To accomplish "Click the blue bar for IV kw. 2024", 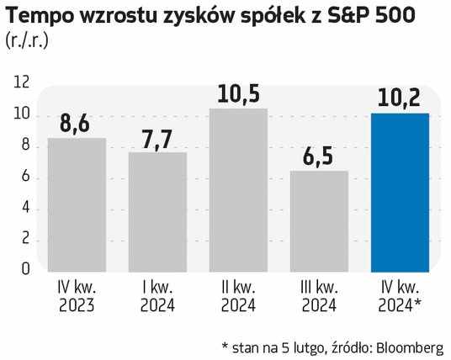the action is (x=400, y=193).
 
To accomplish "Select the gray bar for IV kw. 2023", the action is (x=77, y=205).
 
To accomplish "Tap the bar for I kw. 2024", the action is (x=157, y=212).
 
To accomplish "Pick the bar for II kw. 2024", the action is (x=238, y=190).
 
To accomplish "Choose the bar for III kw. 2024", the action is (x=319, y=221).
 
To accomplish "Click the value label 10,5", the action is (x=238, y=93).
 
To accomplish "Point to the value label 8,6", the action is (x=75, y=124).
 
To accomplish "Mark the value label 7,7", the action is (x=157, y=140).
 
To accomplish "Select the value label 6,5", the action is (x=318, y=156).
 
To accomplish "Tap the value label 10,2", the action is (x=399, y=98).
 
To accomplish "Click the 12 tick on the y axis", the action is (x=21, y=82).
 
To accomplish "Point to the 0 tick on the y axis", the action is (x=25, y=268).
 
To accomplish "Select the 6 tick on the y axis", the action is (x=25, y=176).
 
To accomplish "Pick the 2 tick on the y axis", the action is (x=25, y=238).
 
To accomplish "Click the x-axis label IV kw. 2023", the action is (x=77, y=297).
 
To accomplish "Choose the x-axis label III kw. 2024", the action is (x=319, y=297).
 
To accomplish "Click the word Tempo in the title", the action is (x=39, y=16).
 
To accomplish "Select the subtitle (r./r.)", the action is (x=27, y=41).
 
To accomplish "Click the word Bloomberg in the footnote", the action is (x=410, y=349).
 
